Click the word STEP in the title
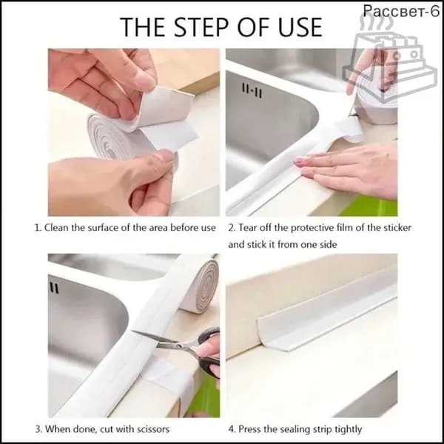pyautogui.click(x=201, y=27)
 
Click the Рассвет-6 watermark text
pyautogui.click(x=401, y=11)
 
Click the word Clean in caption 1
pyautogui.click(x=56, y=228)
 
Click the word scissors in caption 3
pyautogui.click(x=153, y=429)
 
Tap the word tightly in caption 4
pyautogui.click(x=348, y=430)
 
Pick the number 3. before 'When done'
pyautogui.click(x=38, y=429)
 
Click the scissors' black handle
pyautogui.click(x=209, y=353)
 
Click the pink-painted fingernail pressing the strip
pyautogui.click(x=298, y=162)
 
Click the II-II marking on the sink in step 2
pyautogui.click(x=252, y=90)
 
